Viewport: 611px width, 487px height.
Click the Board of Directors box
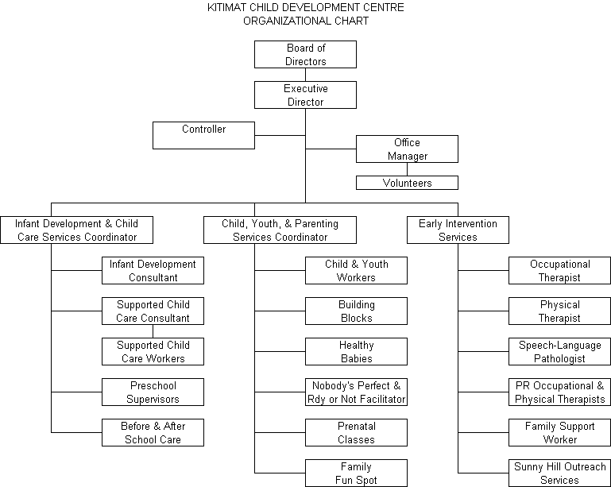[x=305, y=55]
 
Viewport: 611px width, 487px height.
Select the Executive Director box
[x=305, y=95]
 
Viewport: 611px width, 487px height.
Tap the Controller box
[x=203, y=135]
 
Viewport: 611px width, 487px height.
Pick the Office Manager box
[x=407, y=149]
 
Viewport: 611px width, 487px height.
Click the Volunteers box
[x=407, y=183]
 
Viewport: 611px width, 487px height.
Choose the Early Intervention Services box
[x=458, y=230]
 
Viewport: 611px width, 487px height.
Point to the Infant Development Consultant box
[x=153, y=271]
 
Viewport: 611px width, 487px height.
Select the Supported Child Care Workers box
[x=153, y=352]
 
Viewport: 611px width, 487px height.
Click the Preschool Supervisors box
[x=153, y=392]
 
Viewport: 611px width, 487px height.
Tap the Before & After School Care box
[x=153, y=433]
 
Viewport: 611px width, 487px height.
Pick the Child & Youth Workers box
[x=356, y=271]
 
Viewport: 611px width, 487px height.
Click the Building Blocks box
[x=356, y=311]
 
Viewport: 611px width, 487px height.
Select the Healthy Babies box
[x=356, y=352]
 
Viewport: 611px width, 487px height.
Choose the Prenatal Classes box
[x=356, y=433]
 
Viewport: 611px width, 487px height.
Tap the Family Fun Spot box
[x=356, y=473]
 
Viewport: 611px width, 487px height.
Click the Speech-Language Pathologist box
[x=559, y=352]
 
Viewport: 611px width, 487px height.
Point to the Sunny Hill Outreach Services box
[x=559, y=473]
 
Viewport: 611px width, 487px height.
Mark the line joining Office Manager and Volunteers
[x=407, y=169]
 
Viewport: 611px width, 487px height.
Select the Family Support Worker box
[x=559, y=433]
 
